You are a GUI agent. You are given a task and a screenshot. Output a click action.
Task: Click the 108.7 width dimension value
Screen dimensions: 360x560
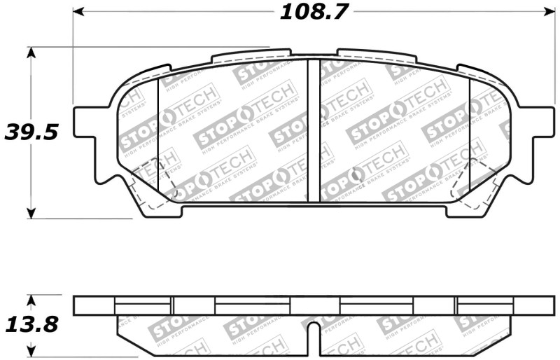click(x=314, y=11)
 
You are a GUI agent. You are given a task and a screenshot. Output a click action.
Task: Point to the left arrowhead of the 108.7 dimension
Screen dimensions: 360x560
click(x=78, y=12)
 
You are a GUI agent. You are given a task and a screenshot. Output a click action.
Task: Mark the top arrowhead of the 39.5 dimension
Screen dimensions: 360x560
click(x=31, y=52)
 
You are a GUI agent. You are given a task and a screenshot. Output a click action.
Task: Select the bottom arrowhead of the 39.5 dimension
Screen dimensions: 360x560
click(x=31, y=213)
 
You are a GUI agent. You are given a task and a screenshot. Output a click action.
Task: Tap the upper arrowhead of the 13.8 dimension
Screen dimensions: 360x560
click(x=31, y=299)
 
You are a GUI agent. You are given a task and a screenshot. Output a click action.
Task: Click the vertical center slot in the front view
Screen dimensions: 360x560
click(x=314, y=130)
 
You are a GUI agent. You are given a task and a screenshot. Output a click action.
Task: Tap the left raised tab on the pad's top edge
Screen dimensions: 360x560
click(x=250, y=55)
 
